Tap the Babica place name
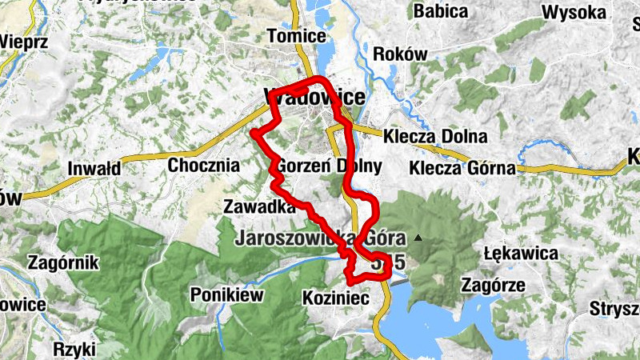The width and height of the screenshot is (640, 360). pyautogui.click(x=442, y=11)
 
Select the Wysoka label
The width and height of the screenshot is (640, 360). pyautogui.click(x=574, y=13)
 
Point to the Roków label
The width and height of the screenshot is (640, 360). pyautogui.click(x=401, y=54)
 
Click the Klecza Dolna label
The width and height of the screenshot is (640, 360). pyautogui.click(x=434, y=136)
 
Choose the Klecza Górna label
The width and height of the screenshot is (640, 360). pyautogui.click(x=460, y=168)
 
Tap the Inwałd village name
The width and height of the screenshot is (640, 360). pyautogui.click(x=94, y=169)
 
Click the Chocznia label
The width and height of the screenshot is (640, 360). pyautogui.click(x=204, y=166)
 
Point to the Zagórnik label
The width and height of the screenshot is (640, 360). pyautogui.click(x=62, y=262)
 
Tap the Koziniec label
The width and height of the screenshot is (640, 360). pyautogui.click(x=334, y=298)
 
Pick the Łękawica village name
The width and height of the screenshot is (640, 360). pyautogui.click(x=521, y=254)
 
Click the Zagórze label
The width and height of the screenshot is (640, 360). pyautogui.click(x=494, y=285)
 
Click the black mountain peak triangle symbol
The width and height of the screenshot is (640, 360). pyautogui.click(x=417, y=237)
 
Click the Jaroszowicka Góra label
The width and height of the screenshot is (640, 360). pyautogui.click(x=320, y=238)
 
